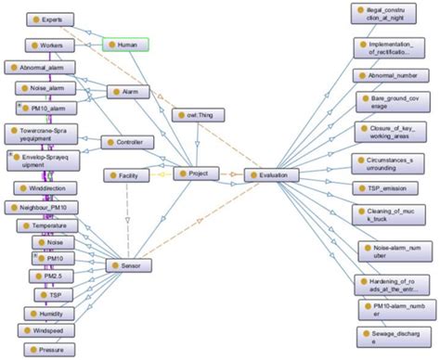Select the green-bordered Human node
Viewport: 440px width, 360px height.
pyautogui.click(x=125, y=44)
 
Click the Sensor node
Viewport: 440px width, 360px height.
pyautogui.click(x=129, y=265)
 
